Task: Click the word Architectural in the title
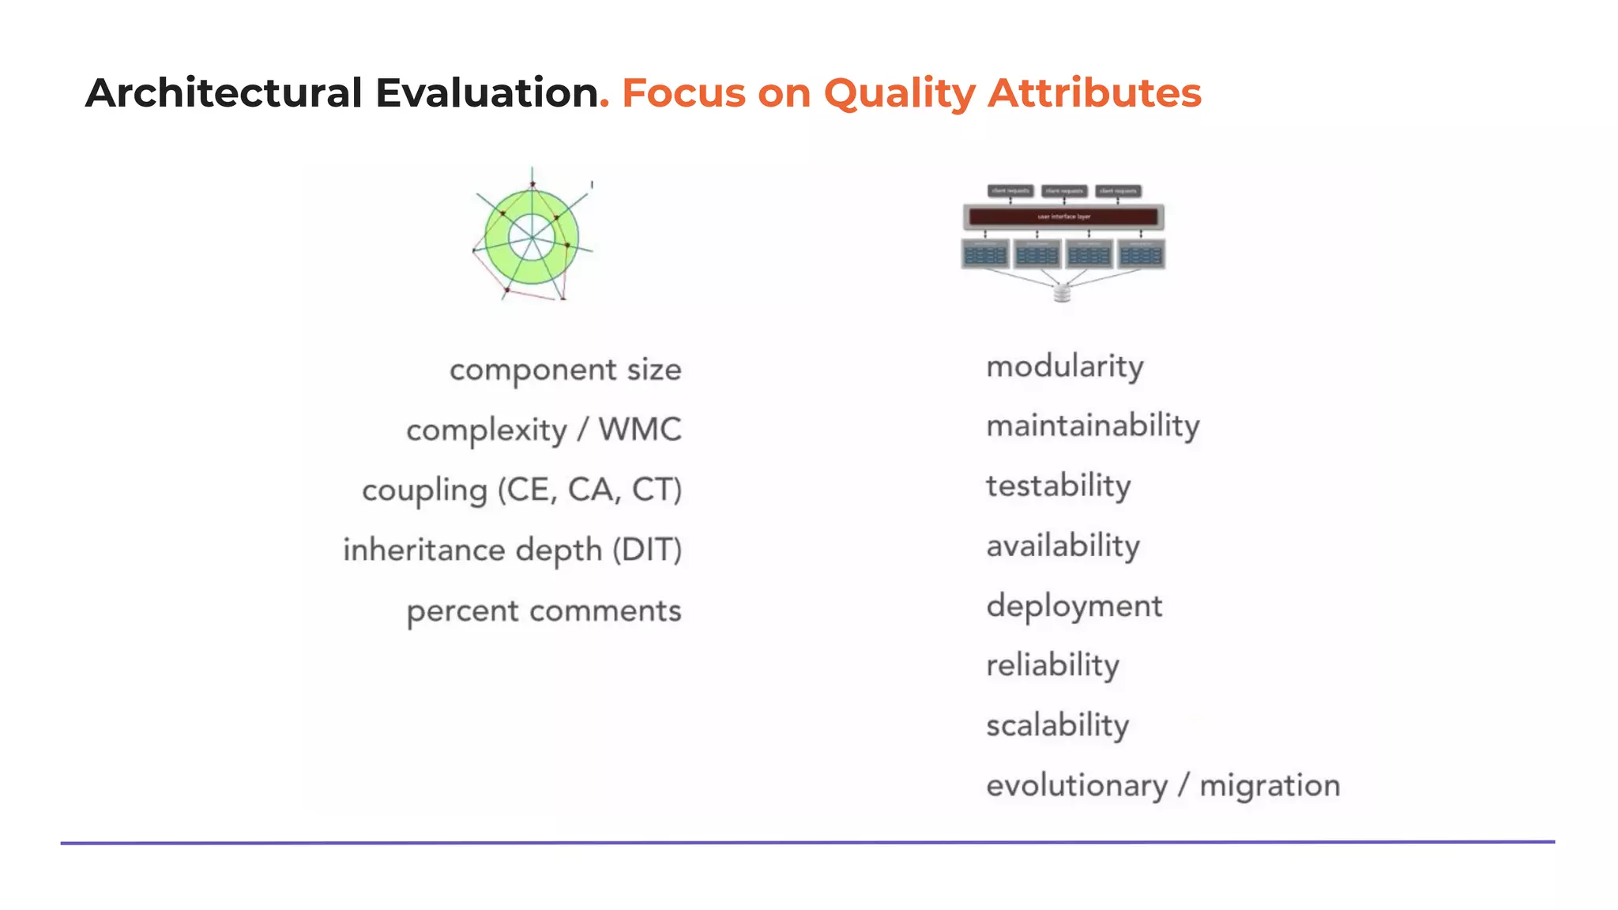point(224,93)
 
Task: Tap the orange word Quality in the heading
point(899,94)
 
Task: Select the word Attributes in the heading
point(1094,93)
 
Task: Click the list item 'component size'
point(565,370)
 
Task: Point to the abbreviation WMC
point(639,430)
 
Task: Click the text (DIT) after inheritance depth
point(647,550)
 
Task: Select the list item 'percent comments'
point(544,611)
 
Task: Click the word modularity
point(1064,367)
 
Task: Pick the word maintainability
point(1093,427)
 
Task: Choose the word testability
point(1058,486)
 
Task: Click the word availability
point(1063,546)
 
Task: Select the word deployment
point(1074,607)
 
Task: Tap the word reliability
point(1052,665)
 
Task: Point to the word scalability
point(1057,725)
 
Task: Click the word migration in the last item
point(1270,786)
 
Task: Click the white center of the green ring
point(532,236)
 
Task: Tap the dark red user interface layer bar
point(1063,216)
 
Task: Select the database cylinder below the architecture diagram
point(1062,294)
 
